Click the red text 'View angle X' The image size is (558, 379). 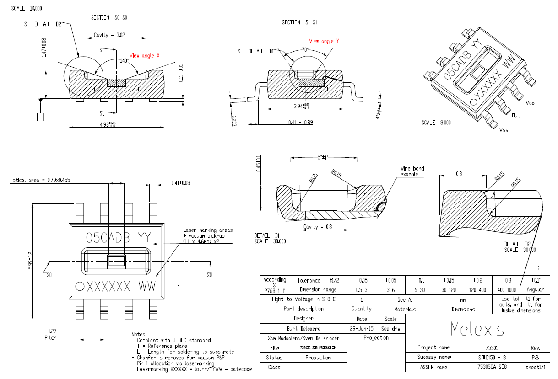point(144,55)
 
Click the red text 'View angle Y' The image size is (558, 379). point(324,41)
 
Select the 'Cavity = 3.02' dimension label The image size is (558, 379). point(109,35)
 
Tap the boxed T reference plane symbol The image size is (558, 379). point(40,117)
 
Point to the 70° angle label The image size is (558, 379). point(305,49)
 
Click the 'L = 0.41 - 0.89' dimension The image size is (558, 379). point(295,123)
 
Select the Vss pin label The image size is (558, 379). point(504,130)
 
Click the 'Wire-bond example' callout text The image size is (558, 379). point(412,171)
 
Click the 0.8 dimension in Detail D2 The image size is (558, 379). point(459,174)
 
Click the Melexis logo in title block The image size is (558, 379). point(477,329)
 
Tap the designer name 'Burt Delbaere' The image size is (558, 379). point(303,328)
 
